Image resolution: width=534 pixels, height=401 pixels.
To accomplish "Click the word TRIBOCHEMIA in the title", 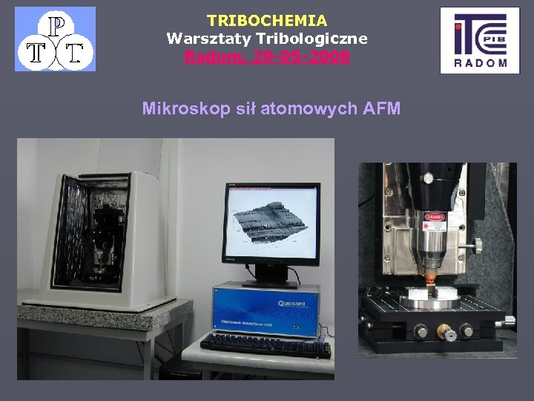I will tap(267, 21).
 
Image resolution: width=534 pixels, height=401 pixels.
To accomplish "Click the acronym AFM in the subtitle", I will tap(382, 109).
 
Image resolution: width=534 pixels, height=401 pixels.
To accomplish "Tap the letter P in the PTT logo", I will tap(55, 27).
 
